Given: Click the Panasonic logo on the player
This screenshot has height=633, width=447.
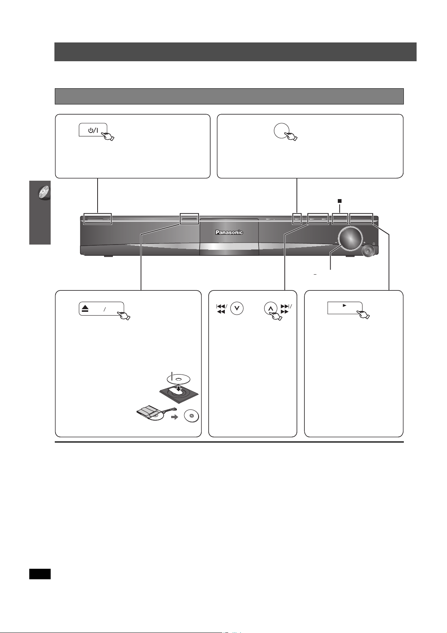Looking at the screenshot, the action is point(229,232).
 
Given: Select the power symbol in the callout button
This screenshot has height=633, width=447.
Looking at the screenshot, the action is point(93,131).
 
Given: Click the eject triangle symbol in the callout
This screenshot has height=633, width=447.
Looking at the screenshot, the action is point(85,308).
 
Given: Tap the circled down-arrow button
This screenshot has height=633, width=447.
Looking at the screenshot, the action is point(237,309).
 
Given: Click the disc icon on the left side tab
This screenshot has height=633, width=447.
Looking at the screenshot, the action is point(44,192).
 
